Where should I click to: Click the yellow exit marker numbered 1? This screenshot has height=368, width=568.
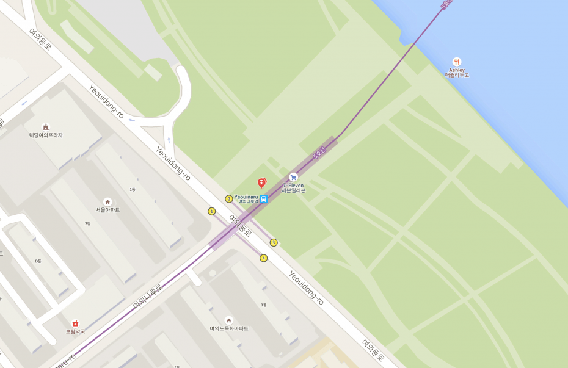(x=212, y=211)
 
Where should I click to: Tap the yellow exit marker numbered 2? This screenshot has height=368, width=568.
(x=229, y=198)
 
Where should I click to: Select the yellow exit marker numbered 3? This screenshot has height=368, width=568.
(x=274, y=242)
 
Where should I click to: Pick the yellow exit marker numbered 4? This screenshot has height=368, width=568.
(x=263, y=258)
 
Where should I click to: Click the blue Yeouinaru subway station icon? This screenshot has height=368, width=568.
(x=264, y=199)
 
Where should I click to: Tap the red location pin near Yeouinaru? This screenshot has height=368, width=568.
(x=261, y=182)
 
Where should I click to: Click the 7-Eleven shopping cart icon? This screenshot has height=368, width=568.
(x=293, y=177)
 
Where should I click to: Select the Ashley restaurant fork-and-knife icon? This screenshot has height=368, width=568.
(x=457, y=62)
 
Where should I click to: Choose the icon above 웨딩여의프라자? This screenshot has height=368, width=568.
(x=46, y=127)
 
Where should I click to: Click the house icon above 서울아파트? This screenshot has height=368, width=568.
(x=107, y=202)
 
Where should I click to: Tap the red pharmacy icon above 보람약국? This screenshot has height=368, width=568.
(x=75, y=323)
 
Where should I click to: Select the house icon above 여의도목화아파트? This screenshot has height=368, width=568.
(x=229, y=320)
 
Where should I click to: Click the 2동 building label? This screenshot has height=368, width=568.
(x=87, y=224)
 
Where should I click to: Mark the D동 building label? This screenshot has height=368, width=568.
(x=38, y=261)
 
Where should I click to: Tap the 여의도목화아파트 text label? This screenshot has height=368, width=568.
(x=229, y=328)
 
